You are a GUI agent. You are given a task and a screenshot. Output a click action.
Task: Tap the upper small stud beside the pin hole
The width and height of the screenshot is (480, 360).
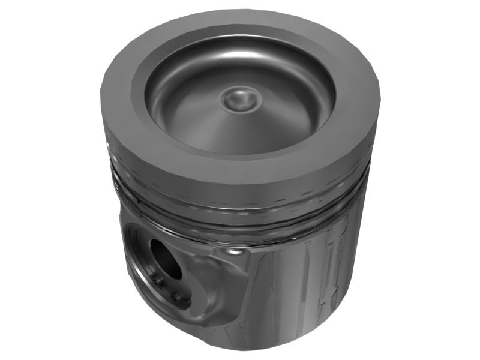pyautogui.click(x=157, y=280)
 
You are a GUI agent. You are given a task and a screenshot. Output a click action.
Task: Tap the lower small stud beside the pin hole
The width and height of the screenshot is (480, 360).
pyautogui.click(x=175, y=296)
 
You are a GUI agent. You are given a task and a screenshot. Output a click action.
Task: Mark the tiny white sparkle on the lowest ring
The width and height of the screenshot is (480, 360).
pyautogui.click(x=294, y=239)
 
